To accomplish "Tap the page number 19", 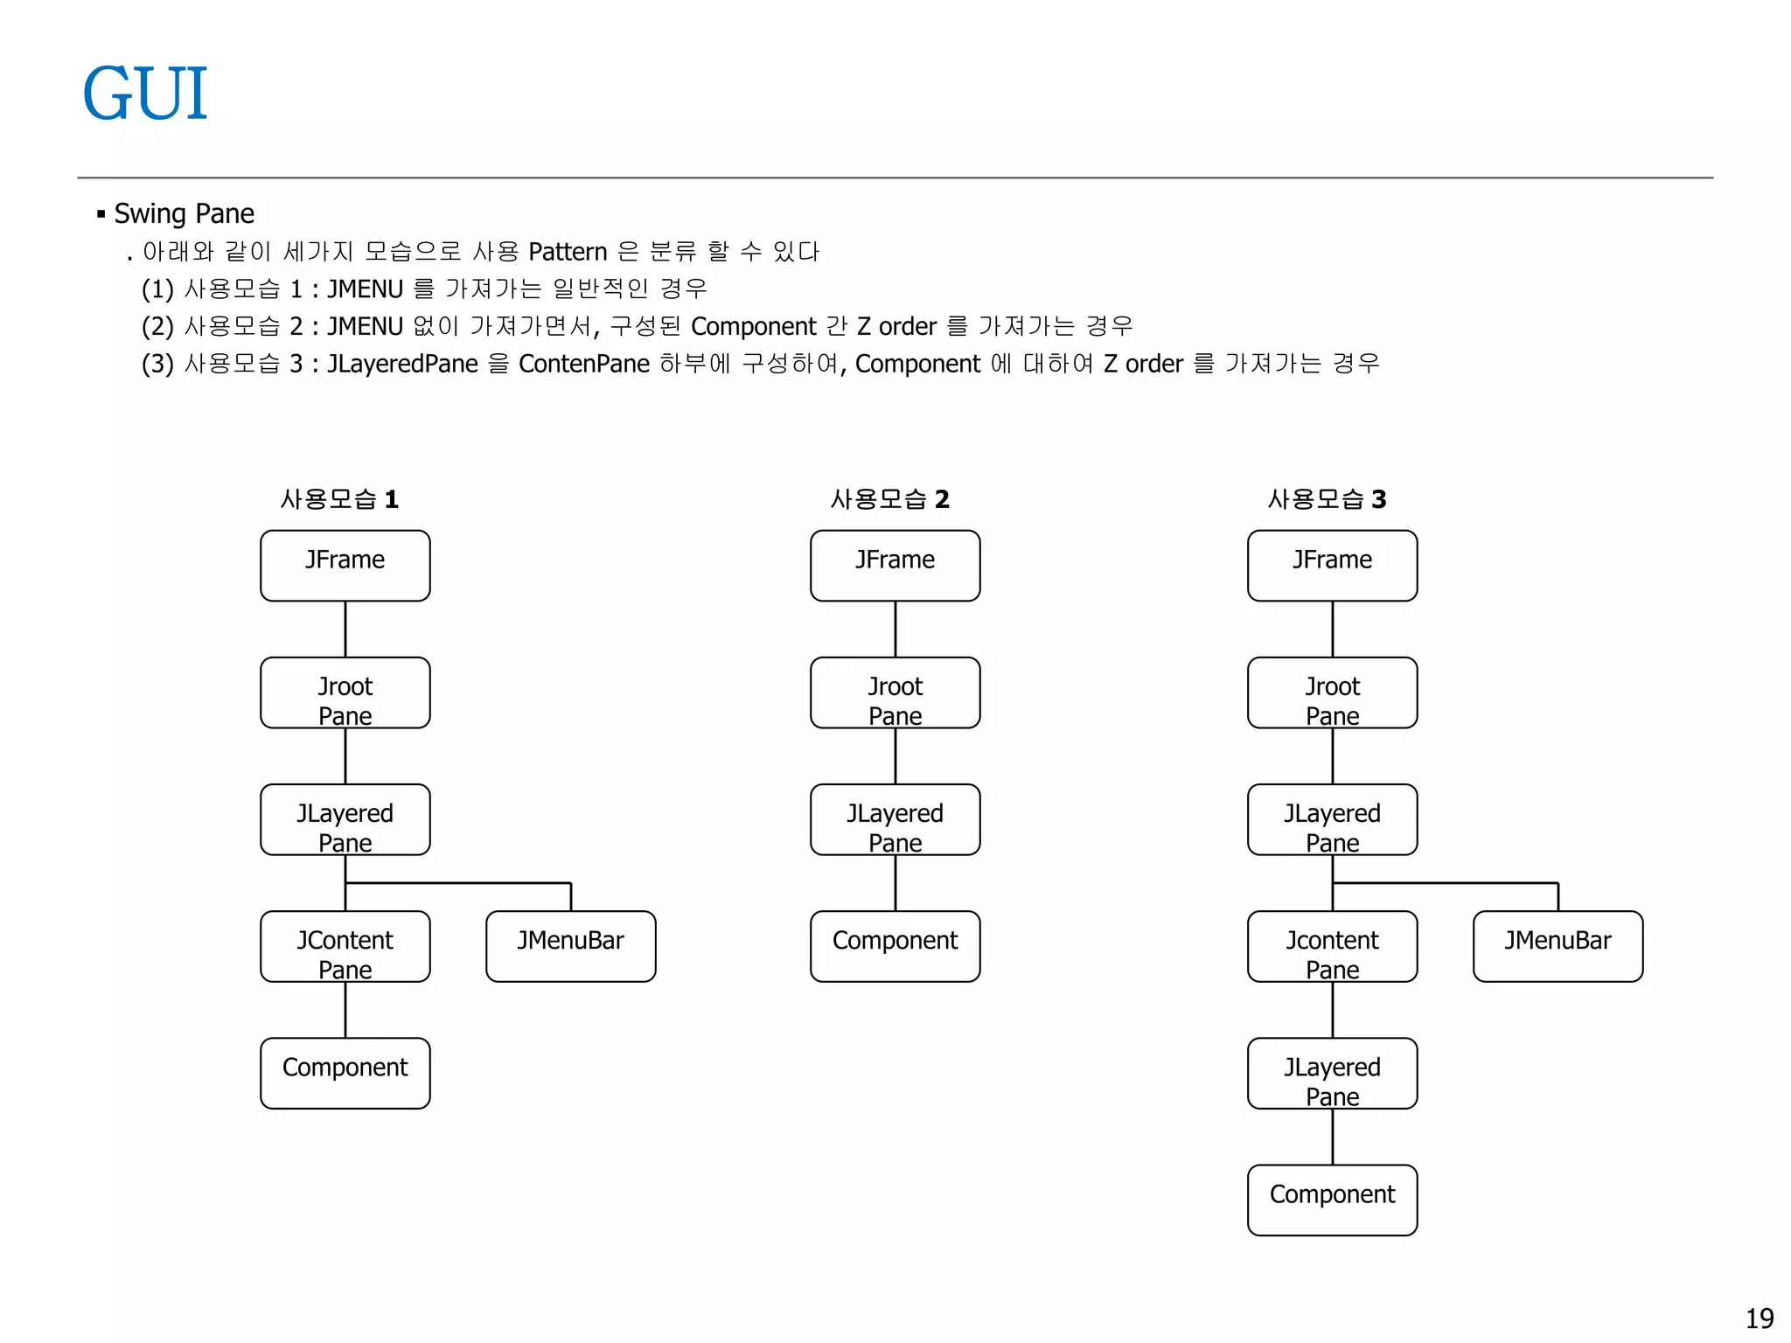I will pos(1759,1318).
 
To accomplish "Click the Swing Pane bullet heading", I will pos(184,213).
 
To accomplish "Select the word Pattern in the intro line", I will pos(567,252).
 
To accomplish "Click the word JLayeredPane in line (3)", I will pos(402,364).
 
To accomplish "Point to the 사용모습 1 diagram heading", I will pos(339,499).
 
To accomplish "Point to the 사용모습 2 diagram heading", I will pos(889,499).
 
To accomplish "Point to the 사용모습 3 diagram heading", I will pos(1327,499).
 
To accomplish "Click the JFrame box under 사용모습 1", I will pos(345,566).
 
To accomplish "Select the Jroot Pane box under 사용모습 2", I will pos(895,692).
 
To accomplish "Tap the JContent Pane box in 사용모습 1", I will pos(345,946).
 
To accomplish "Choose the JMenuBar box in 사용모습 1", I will pos(570,946).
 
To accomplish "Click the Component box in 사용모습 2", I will pos(895,946).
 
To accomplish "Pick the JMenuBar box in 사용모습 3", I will pos(1558,946).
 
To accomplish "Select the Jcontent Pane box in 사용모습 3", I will pos(1332,946).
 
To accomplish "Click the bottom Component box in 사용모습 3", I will pos(1332,1200).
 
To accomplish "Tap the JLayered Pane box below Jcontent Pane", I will pos(1332,1073).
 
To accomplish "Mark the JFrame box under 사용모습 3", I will pos(1332,566).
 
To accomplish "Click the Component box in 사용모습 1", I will pos(345,1073).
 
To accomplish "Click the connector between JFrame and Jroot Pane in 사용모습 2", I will pos(895,629).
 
